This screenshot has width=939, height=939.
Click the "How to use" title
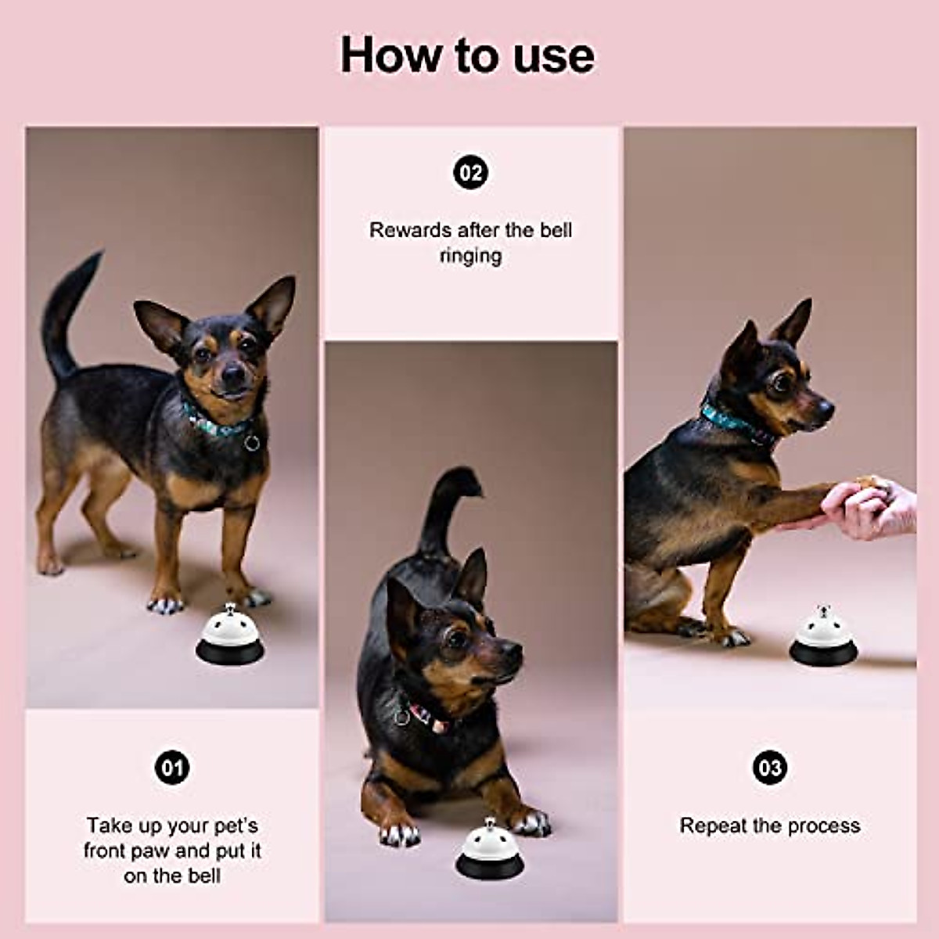pos(467,55)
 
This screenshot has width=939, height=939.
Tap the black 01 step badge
pos(172,768)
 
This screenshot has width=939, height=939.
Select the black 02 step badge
pos(470,172)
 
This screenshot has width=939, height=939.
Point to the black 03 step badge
pos(770,768)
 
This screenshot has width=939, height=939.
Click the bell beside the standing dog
pos(229,634)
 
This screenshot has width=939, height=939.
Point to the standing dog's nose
pos(233,374)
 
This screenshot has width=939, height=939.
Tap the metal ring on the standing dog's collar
pos(252,442)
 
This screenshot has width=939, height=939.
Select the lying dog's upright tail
pos(448,512)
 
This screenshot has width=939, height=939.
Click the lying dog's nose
pos(512,650)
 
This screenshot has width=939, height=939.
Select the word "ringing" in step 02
pos(470,257)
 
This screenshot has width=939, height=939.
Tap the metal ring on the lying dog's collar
pos(402,717)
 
